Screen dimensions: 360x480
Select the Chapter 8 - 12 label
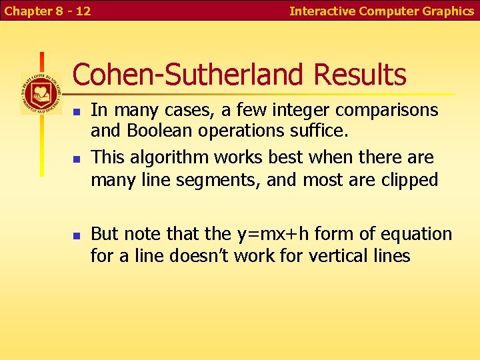(x=48, y=11)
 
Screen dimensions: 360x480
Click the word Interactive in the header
(x=323, y=11)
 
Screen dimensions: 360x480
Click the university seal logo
(x=41, y=93)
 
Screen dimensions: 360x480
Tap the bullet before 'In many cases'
(x=77, y=111)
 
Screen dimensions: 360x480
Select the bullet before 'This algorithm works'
(x=77, y=159)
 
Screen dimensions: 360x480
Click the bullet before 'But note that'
(x=77, y=235)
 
